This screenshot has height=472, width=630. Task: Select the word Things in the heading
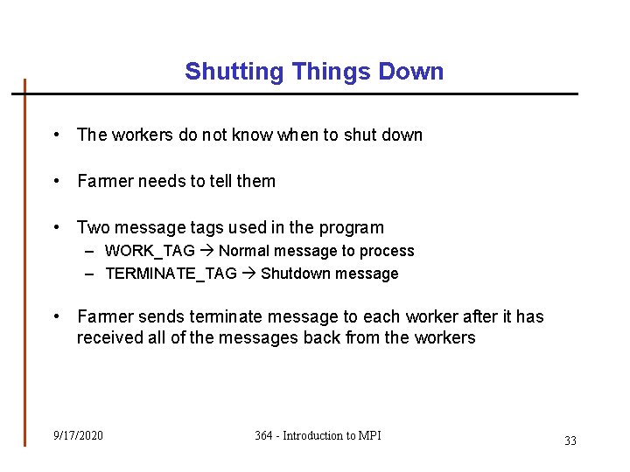pos(321,72)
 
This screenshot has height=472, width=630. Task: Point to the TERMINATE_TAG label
pos(171,274)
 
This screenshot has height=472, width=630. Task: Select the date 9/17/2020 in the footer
pos(78,435)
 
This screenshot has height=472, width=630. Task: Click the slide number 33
pos(570,441)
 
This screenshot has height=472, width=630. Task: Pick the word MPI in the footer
pos(370,435)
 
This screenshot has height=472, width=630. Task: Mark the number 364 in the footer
pos(264,435)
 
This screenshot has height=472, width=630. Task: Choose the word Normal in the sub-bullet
pos(243,251)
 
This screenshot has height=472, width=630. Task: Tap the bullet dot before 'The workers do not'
pos(56,135)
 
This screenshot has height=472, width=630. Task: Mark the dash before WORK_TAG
pos(91,251)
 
